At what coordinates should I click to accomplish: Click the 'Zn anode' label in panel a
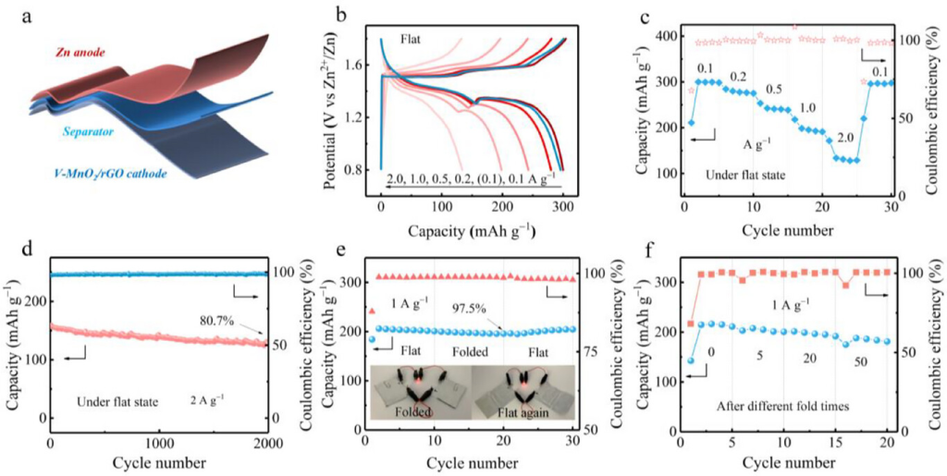pyautogui.click(x=87, y=54)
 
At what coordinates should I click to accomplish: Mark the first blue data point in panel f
pyautogui.click(x=690, y=360)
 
